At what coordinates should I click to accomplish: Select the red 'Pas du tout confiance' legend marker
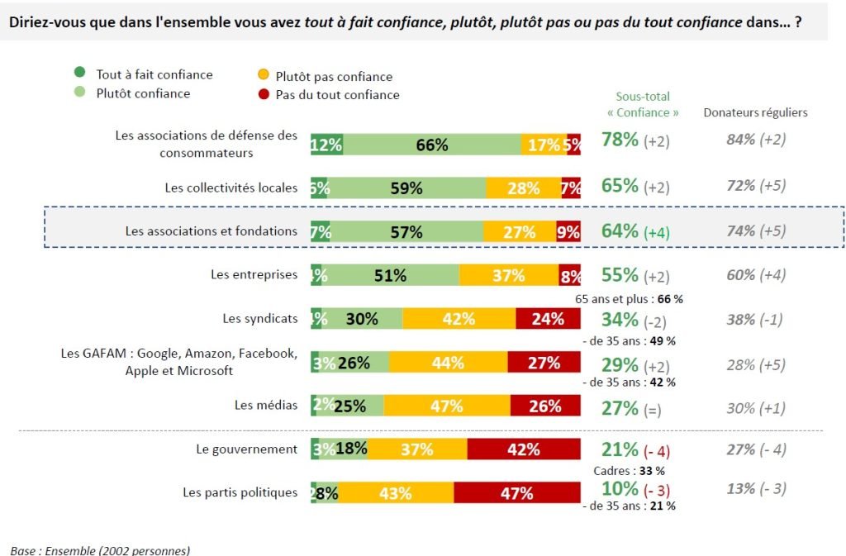pos(263,95)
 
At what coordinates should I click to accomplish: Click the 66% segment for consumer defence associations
pos(431,145)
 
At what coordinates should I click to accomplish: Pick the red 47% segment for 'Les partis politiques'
pos(517,493)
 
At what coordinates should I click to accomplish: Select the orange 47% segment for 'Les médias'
pos(446,406)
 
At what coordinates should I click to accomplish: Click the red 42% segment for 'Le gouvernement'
pos(524,449)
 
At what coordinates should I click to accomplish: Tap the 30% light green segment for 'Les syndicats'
pos(362,319)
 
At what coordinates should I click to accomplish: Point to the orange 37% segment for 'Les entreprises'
pos(508,275)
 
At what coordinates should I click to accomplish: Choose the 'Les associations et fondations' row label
pos(211,231)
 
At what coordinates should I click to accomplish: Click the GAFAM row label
pos(178,362)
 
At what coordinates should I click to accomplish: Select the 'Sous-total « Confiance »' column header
pos(643,104)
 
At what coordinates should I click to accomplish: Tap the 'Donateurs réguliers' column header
pos(755,112)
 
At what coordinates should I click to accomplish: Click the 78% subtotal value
pos(620,140)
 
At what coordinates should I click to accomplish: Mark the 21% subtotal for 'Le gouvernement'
pos(620,450)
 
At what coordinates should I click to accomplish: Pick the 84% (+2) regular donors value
pos(755,140)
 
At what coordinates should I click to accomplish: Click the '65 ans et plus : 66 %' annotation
pos(629,297)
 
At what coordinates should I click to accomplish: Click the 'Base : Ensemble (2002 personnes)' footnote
pos(100,549)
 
